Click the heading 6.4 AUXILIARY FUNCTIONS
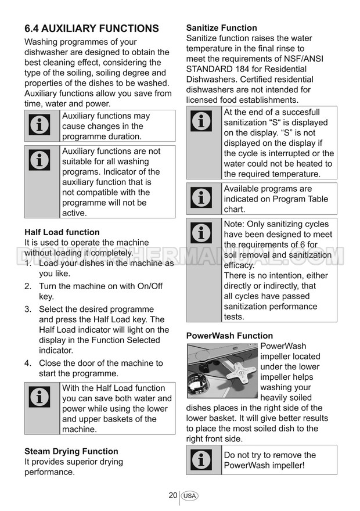point(91,28)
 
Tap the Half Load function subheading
point(62,232)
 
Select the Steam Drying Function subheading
point(71,451)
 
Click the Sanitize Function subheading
point(221,28)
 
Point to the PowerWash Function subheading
point(229,336)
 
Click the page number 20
point(172,495)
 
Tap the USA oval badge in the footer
point(189,496)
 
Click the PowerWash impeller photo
point(222,371)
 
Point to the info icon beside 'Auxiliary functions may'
point(39,125)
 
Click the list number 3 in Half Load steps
point(27,310)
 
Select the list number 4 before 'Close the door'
point(27,364)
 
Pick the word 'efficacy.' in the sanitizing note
point(239,265)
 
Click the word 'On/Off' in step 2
point(149,286)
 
